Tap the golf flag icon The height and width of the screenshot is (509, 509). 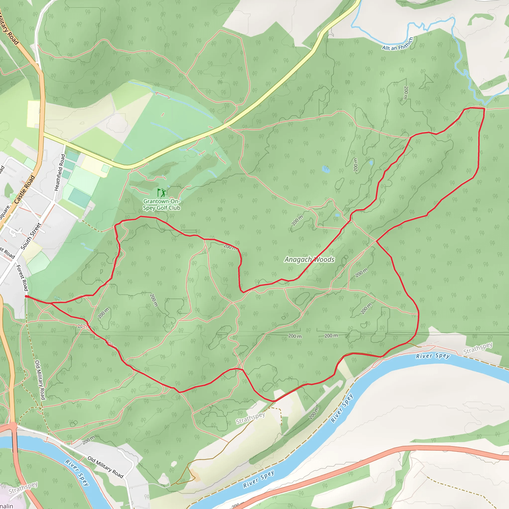(x=162, y=193)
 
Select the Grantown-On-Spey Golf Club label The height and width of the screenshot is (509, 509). (x=162, y=205)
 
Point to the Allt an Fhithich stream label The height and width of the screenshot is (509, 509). (x=398, y=44)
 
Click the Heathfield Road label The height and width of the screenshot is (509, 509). (x=60, y=172)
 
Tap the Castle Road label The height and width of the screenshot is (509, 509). (x=25, y=189)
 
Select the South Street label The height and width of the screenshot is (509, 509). (x=31, y=236)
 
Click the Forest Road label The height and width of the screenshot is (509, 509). (x=22, y=278)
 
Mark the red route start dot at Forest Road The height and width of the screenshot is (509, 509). (x=26, y=297)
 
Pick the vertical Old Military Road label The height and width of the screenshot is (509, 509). (x=40, y=380)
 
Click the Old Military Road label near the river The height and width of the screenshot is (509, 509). (x=105, y=467)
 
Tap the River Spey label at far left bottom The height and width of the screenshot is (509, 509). (x=77, y=473)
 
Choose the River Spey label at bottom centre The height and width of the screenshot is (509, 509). (x=258, y=479)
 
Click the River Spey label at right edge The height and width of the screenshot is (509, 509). (x=433, y=356)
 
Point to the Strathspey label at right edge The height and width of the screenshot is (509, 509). (x=478, y=348)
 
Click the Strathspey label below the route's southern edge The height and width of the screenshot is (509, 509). (x=250, y=418)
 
